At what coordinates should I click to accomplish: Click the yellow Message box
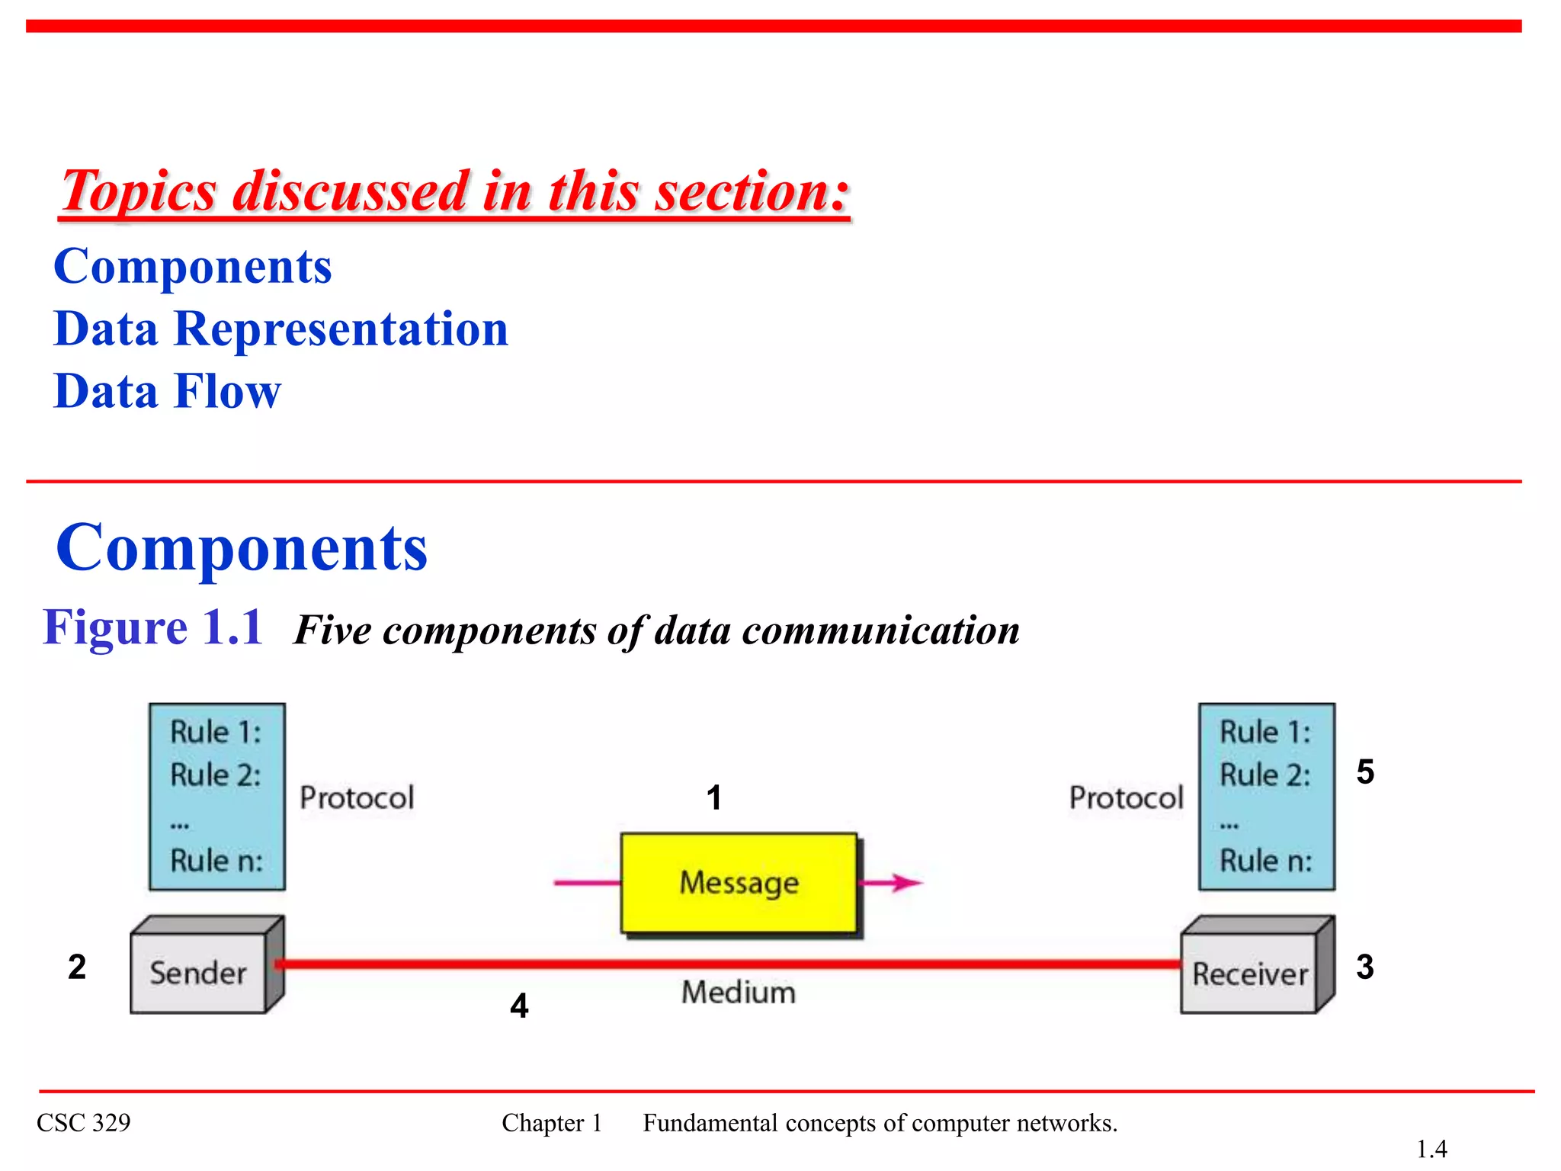[739, 882]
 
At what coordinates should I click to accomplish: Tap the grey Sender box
[198, 973]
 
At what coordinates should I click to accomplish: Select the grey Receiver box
[1249, 974]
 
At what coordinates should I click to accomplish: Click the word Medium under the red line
[738, 992]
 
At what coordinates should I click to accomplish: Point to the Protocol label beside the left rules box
[357, 797]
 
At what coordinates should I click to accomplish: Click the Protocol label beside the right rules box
[1126, 797]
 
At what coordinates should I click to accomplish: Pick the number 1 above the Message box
[713, 797]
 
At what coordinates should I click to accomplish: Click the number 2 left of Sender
[77, 967]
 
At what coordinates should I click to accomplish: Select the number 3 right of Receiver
[1364, 967]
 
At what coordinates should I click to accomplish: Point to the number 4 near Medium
[519, 1006]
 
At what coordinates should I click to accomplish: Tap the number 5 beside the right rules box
[1364, 772]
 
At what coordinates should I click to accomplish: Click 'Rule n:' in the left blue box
[216, 861]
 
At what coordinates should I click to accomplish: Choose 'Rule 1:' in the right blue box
[1265, 732]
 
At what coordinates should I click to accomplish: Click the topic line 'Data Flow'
[168, 391]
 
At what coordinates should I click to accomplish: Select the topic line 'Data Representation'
[280, 329]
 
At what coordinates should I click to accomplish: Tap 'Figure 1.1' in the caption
[152, 627]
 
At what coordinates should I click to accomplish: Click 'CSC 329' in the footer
[84, 1122]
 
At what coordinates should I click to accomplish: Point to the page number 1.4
[1431, 1148]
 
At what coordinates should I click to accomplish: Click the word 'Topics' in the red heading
[139, 191]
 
